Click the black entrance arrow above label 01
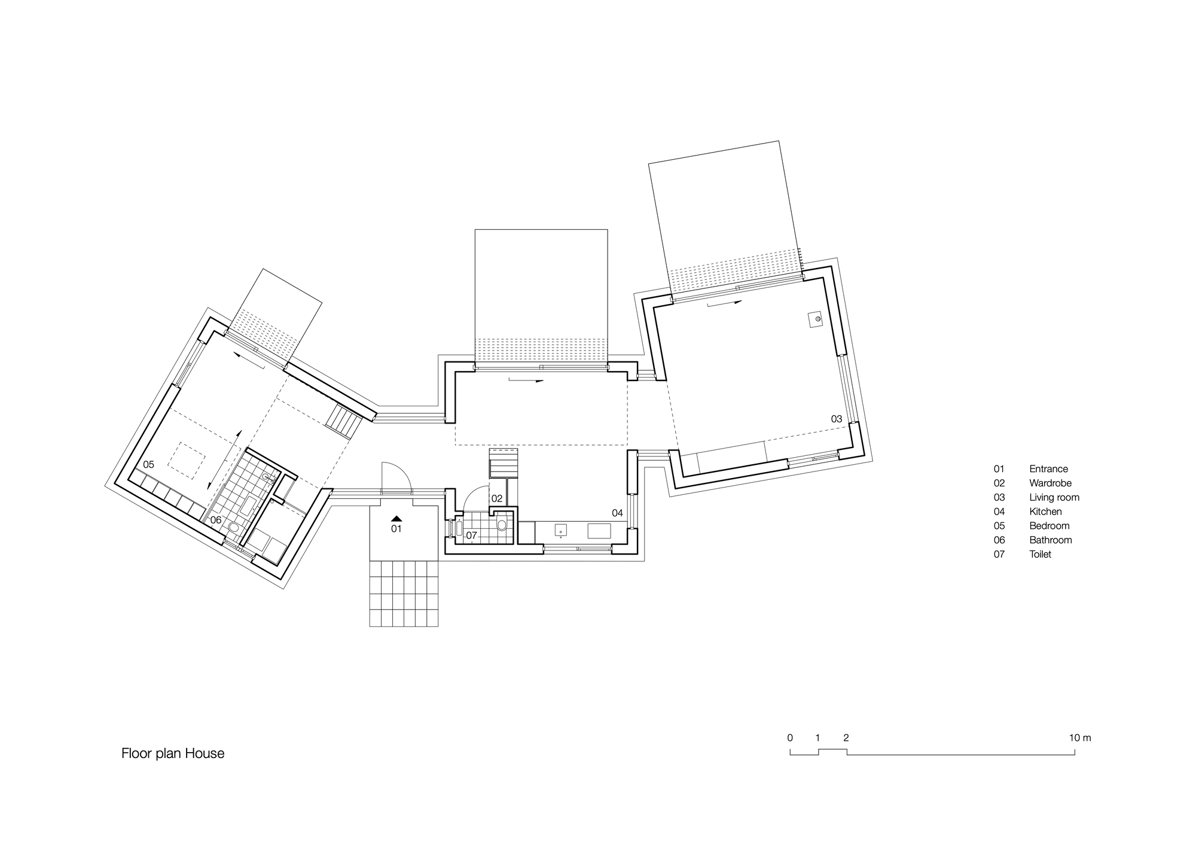pos(397,518)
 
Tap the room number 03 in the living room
pos(837,419)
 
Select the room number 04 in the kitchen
pos(617,513)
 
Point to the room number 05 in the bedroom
pos(148,464)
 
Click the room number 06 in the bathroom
pos(216,520)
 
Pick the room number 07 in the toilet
pos(471,535)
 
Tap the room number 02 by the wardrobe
pos(497,498)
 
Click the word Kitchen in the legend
pos(1045,512)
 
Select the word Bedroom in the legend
pos(1049,526)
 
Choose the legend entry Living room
pos(1054,497)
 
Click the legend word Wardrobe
pos(1050,483)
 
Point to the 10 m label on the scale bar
pos(1079,738)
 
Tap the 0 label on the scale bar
pos(790,738)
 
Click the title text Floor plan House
pos(173,753)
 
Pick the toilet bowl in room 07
pos(502,525)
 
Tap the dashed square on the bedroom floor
pos(187,459)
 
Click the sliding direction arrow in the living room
pos(724,303)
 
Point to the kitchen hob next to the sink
pos(599,531)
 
